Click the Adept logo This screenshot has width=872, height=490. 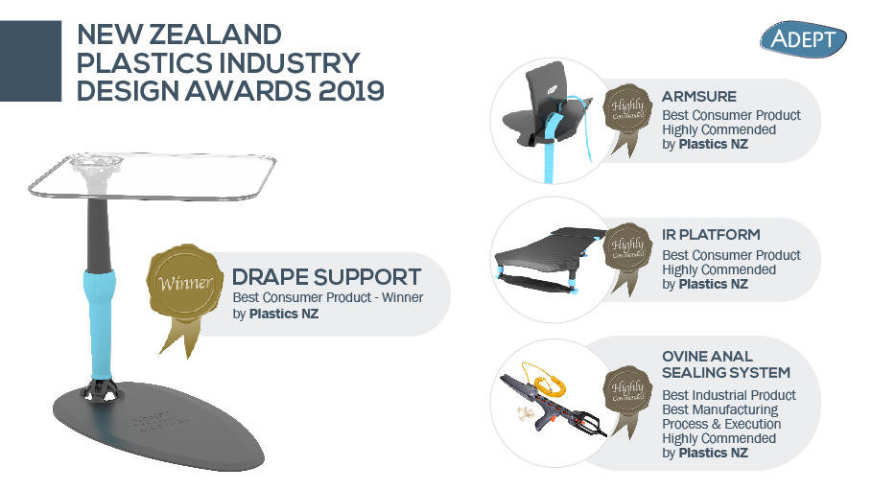tap(802, 38)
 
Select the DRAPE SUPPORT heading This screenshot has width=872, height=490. tap(326, 277)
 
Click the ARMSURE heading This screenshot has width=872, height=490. tap(698, 97)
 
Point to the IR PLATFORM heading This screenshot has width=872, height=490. tap(711, 234)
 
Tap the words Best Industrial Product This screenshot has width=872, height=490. tap(729, 395)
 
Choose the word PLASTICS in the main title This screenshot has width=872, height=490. tap(136, 62)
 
